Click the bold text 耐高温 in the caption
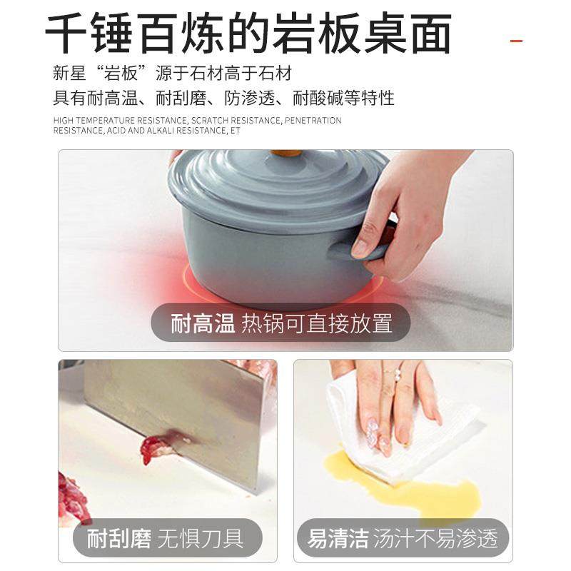tap(203, 323)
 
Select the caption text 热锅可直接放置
tap(317, 323)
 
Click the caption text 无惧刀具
tap(211, 537)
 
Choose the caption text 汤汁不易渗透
tap(436, 537)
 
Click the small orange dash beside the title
tap(516, 41)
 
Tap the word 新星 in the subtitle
tap(69, 74)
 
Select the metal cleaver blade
tap(178, 414)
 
